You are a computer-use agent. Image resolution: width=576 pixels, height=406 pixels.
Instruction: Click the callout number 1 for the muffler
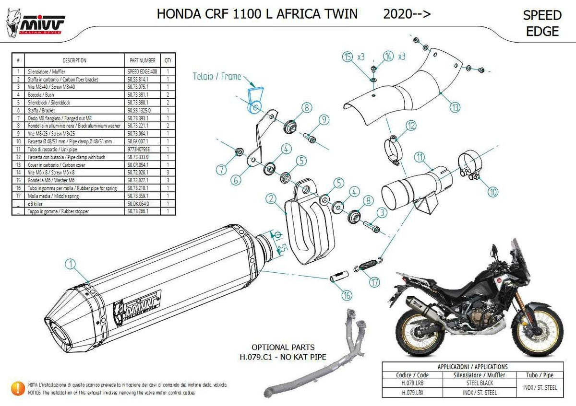coord(71,263)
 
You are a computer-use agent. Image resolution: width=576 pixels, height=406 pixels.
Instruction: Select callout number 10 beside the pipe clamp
coord(493,193)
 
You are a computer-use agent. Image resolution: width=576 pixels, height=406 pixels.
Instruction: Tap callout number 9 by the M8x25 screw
coord(323,119)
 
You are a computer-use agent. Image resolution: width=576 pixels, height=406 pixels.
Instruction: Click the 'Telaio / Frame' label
coord(216,76)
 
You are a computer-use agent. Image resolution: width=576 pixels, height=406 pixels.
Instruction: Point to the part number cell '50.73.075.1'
coord(142,87)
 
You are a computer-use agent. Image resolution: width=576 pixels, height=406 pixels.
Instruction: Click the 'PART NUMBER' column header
coord(142,61)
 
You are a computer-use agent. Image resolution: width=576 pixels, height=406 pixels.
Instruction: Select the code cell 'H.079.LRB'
coord(412,383)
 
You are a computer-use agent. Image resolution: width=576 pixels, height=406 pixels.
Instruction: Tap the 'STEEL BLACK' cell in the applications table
coord(480,383)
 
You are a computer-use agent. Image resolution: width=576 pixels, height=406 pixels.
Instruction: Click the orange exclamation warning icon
coord(18,388)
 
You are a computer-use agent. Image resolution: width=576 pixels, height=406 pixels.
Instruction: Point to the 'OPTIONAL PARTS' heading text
coord(283,347)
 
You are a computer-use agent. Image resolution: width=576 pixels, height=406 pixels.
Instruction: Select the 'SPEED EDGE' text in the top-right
coord(542,23)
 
